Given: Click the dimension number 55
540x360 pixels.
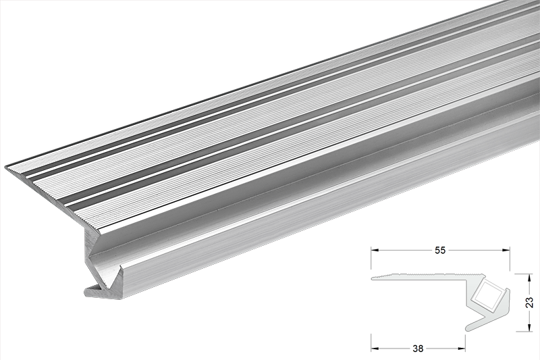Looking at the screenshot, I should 440,249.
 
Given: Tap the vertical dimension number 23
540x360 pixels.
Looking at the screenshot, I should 529,301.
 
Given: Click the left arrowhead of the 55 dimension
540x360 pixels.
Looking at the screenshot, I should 374,249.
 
